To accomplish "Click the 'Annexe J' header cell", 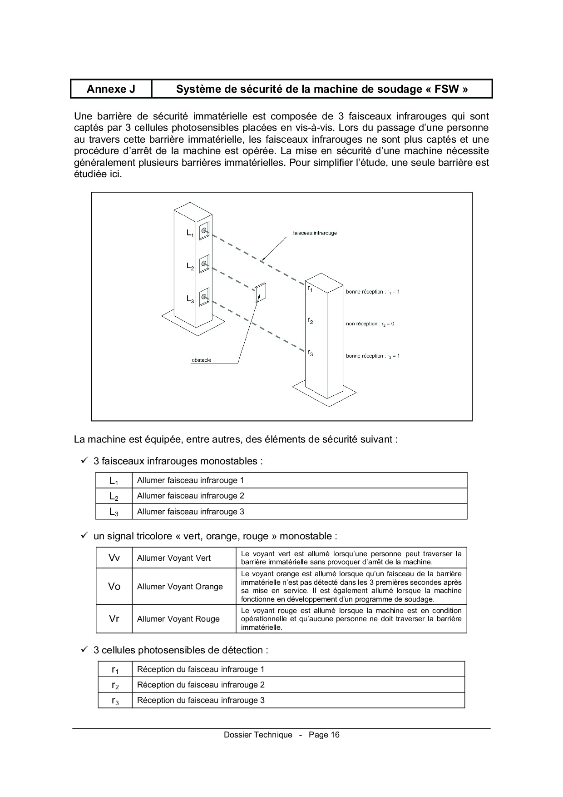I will pos(111,89).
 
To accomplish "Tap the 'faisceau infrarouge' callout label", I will pos(315,233).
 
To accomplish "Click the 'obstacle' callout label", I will pos(201,360).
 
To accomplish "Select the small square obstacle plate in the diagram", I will pos(261,293).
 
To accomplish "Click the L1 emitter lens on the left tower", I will pos(204,231).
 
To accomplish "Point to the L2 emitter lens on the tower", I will pos(204,264).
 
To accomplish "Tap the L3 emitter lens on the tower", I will pos(204,297).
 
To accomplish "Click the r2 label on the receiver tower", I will pos(310,321).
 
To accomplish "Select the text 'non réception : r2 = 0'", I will pos(370,324).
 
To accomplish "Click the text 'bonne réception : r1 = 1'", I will pos(373,292).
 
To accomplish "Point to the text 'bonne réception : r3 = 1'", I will pos(373,356).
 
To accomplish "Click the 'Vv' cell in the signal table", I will pos(114,558).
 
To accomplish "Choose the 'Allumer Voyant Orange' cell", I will pos(180,587).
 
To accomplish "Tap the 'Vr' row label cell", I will pos(114,619).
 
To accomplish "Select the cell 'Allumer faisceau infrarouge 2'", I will pos(191,496).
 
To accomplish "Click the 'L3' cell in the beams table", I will pos(114,512).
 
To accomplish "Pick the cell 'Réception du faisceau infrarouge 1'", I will pos(201,669).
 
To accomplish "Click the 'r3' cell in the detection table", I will pos(115,701).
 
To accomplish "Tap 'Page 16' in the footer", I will pos(324,735).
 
